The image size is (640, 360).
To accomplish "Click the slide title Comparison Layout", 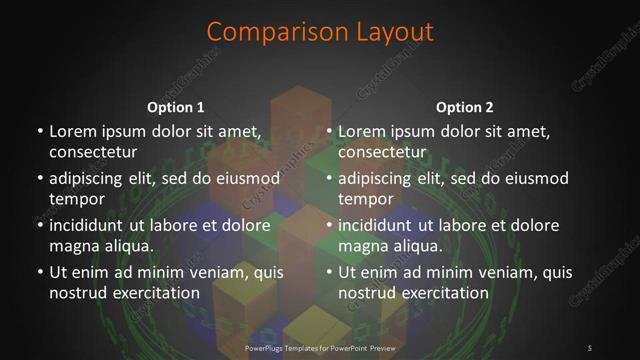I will pyautogui.click(x=319, y=31).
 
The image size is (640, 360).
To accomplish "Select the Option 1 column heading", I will pyautogui.click(x=175, y=107).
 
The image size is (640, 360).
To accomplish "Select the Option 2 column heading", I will pyautogui.click(x=464, y=107).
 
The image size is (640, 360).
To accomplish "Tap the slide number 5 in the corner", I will pyautogui.click(x=590, y=347).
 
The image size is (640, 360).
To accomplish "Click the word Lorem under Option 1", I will pyautogui.click(x=72, y=131).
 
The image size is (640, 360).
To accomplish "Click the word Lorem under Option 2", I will pyautogui.click(x=362, y=131).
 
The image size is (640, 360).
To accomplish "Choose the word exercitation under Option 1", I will pyautogui.click(x=156, y=294).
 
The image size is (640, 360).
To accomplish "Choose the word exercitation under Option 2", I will pyautogui.click(x=446, y=294).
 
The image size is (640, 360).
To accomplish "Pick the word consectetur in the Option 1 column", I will pyautogui.click(x=93, y=152).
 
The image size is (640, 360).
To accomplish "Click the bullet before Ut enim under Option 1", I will pyautogui.click(x=39, y=273).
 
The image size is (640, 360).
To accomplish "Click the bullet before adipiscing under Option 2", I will pyautogui.click(x=329, y=179).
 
